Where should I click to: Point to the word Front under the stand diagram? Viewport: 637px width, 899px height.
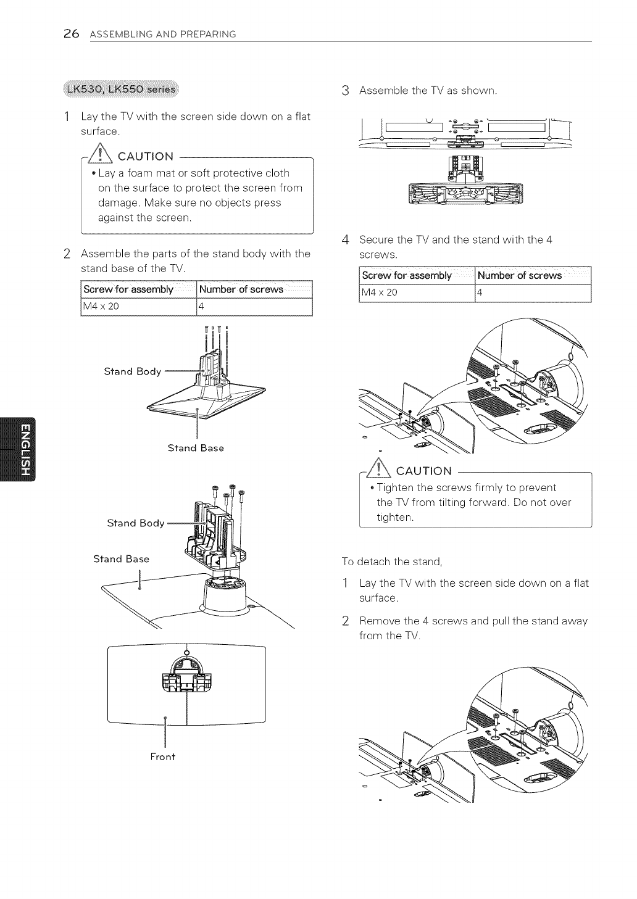[163, 756]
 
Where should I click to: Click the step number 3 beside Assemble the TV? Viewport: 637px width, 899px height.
[345, 91]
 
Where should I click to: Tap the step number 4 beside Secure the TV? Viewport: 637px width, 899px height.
[346, 240]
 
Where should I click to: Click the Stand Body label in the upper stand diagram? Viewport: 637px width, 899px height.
[132, 371]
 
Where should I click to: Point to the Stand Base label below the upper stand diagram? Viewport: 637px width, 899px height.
[196, 448]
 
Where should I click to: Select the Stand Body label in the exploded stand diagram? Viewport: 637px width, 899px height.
[136, 523]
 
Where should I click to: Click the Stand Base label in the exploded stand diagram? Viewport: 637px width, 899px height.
[122, 559]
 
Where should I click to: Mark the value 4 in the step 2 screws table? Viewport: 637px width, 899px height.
[200, 306]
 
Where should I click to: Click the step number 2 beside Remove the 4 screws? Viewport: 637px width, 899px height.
[346, 621]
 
